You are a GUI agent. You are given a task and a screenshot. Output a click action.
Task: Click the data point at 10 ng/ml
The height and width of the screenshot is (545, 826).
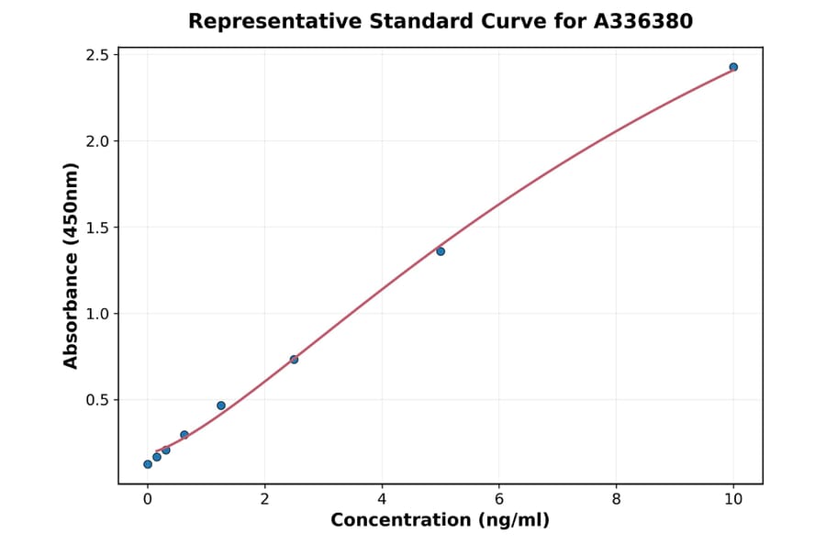point(733,67)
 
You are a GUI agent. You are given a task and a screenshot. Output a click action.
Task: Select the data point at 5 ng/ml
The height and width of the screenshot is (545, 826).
point(441,251)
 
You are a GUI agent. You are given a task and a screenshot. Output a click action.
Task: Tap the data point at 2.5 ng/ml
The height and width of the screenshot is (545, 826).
point(294,360)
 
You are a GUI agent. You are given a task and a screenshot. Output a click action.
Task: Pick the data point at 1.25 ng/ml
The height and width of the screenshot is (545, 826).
point(221,406)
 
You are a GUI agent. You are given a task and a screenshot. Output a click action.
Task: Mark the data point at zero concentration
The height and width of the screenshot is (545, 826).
point(148,464)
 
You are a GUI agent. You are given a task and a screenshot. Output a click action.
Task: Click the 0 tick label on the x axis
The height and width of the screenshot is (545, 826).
point(148,499)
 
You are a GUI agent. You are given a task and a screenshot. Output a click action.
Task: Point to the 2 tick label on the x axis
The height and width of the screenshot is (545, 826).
point(265,499)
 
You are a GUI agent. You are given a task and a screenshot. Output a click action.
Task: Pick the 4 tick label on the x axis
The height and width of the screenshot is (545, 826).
point(382,499)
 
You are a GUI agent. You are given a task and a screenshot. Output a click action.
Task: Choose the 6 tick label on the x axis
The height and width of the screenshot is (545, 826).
point(499,499)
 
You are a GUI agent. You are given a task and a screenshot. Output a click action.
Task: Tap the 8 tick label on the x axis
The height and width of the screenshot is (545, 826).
point(616,499)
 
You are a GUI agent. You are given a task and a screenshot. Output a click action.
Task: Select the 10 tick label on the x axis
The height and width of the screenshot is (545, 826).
point(733,499)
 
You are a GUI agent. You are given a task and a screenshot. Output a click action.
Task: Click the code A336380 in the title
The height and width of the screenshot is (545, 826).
point(642,21)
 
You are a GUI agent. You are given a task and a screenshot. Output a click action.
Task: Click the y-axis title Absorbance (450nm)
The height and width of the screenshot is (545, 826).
point(72,265)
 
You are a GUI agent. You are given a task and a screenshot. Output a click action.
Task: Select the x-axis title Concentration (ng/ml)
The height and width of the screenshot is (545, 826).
point(440,521)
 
